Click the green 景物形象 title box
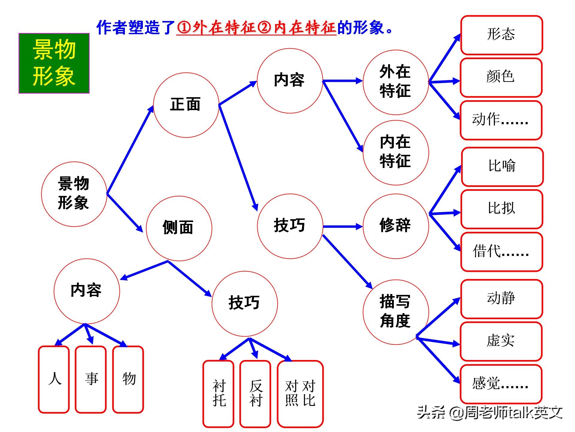click(54, 63)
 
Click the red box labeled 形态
click(502, 35)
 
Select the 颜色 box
click(501, 77)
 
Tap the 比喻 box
click(502, 167)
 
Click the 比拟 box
click(502, 209)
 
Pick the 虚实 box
click(501, 341)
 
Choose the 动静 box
click(502, 299)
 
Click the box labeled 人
click(54, 379)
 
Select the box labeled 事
click(91, 379)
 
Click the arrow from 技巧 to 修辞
click(343, 226)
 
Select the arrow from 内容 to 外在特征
click(343, 81)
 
